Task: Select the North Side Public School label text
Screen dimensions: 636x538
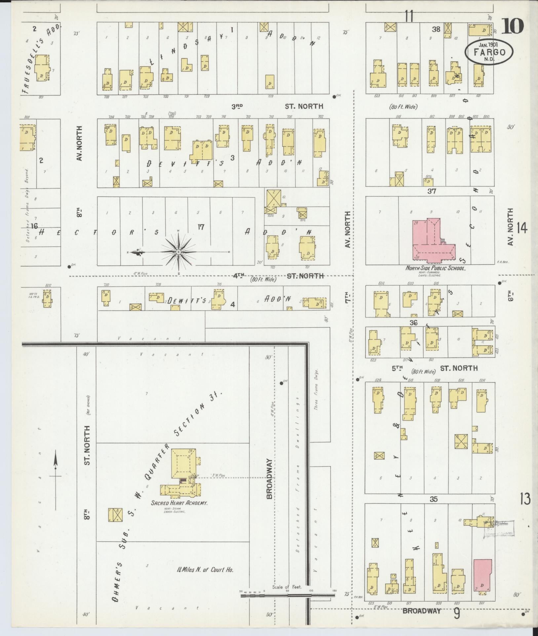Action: pos(436,269)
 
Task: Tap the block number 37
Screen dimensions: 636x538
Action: pos(432,191)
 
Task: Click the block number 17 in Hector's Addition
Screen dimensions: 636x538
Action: pos(201,227)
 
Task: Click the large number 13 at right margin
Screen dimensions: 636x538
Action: pos(525,499)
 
